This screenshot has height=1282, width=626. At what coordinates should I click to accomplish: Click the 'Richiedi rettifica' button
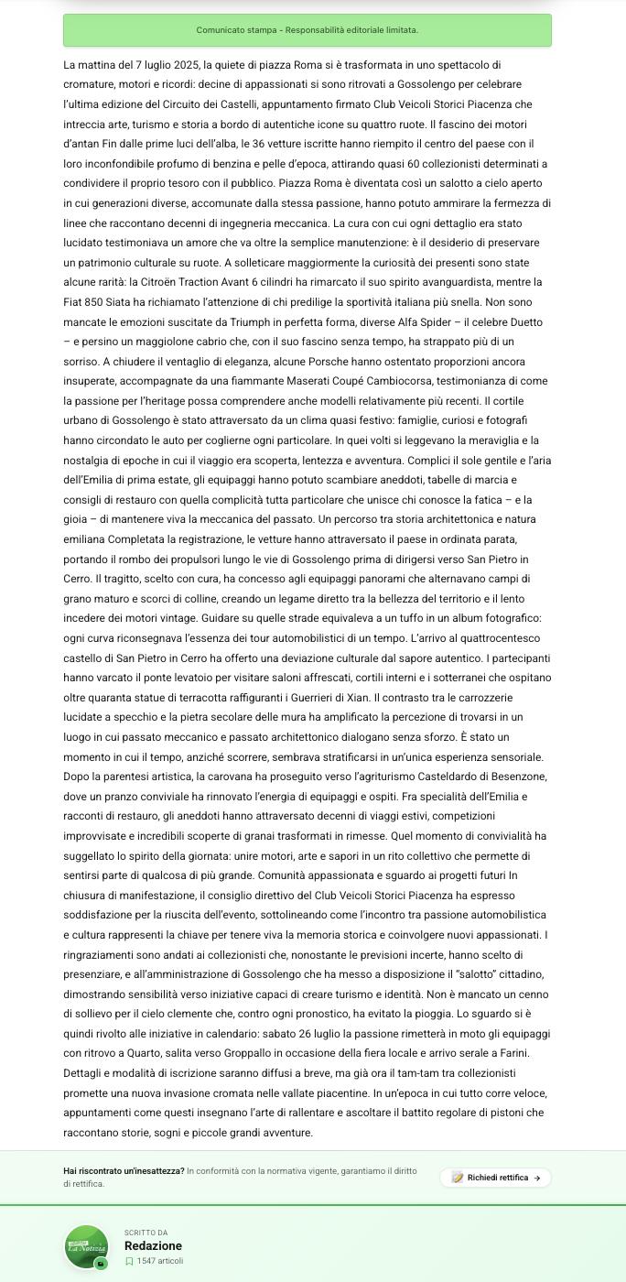pyautogui.click(x=495, y=1178)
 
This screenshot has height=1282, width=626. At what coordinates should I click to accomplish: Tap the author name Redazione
pyautogui.click(x=153, y=1245)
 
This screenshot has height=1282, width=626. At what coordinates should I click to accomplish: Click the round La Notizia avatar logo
pyautogui.click(x=86, y=1247)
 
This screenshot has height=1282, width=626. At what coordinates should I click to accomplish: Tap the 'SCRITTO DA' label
pyautogui.click(x=146, y=1233)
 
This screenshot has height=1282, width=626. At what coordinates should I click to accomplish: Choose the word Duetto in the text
pyautogui.click(x=523, y=322)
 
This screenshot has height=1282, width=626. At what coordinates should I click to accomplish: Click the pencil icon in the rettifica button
pyautogui.click(x=457, y=1178)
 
